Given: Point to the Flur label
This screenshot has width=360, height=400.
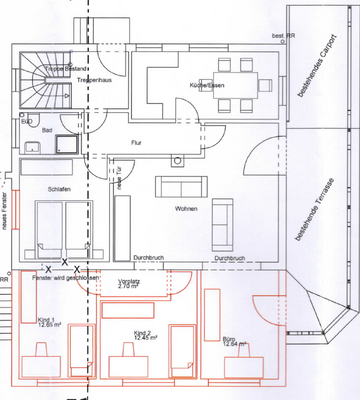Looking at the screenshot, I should (137, 144).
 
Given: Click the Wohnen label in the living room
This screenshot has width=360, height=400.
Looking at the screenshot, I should (184, 208).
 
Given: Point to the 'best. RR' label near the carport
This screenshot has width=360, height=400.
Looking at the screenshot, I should (284, 37).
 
